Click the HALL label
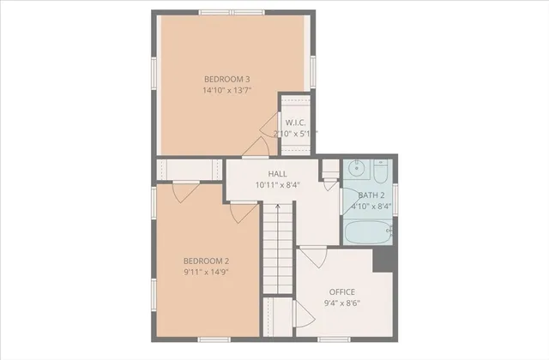click(x=277, y=174)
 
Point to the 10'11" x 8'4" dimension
click(x=277, y=185)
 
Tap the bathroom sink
click(x=358, y=170)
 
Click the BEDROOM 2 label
click(x=206, y=261)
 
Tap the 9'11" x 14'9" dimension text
click(x=206, y=272)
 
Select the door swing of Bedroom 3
click(x=255, y=147)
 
